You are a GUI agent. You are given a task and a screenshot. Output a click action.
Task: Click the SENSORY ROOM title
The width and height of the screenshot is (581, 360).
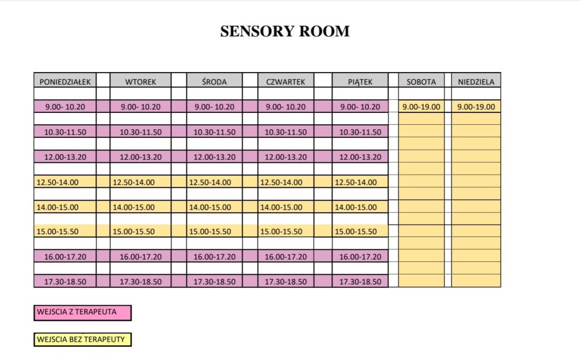pyautogui.click(x=285, y=31)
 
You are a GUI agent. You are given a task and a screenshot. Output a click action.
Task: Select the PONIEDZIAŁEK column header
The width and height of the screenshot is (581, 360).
pyautogui.click(x=65, y=81)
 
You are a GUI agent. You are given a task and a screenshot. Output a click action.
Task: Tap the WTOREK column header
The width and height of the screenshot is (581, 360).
pyautogui.click(x=141, y=81)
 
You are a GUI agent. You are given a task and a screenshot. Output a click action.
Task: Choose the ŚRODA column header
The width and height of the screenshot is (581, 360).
pyautogui.click(x=214, y=81)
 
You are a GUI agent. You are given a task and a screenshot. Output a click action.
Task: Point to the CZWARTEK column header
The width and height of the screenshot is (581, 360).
pyautogui.click(x=285, y=81)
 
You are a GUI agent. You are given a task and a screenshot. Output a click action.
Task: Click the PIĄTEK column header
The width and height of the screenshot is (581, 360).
pyautogui.click(x=360, y=81)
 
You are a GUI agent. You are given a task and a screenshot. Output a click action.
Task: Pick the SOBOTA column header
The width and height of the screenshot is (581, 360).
pyautogui.click(x=422, y=81)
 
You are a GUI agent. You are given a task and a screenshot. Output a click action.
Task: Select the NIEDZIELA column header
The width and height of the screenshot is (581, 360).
pyautogui.click(x=476, y=81)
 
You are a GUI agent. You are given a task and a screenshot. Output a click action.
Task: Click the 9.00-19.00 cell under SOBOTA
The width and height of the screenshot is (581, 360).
pyautogui.click(x=422, y=107)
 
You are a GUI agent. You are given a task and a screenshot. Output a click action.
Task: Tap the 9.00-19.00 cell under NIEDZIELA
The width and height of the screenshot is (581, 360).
pyautogui.click(x=476, y=107)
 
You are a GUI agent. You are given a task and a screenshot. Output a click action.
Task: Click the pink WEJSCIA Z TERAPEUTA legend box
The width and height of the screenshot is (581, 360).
pyautogui.click(x=83, y=312)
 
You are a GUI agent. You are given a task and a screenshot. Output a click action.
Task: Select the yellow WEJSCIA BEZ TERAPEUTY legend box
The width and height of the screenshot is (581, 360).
pyautogui.click(x=83, y=340)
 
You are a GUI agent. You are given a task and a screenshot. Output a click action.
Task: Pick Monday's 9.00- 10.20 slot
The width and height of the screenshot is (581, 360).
pyautogui.click(x=65, y=107)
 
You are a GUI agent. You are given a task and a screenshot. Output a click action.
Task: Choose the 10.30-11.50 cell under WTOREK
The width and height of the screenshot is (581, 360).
pyautogui.click(x=141, y=132)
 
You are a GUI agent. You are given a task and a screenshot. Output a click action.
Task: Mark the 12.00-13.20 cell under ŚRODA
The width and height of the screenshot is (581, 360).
pyautogui.click(x=214, y=157)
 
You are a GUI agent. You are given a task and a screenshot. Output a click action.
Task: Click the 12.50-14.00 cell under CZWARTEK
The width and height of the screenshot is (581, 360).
pyautogui.click(x=285, y=182)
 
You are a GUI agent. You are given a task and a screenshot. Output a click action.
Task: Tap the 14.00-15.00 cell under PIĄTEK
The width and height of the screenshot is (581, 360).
pyautogui.click(x=360, y=207)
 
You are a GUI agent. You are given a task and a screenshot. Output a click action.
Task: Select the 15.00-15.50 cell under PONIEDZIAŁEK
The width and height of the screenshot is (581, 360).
pyautogui.click(x=65, y=231)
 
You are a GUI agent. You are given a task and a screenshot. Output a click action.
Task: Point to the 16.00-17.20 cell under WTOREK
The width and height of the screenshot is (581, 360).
pyautogui.click(x=141, y=256)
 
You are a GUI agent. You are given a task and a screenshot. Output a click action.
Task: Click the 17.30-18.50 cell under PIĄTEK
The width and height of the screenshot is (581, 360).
pyautogui.click(x=360, y=281)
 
